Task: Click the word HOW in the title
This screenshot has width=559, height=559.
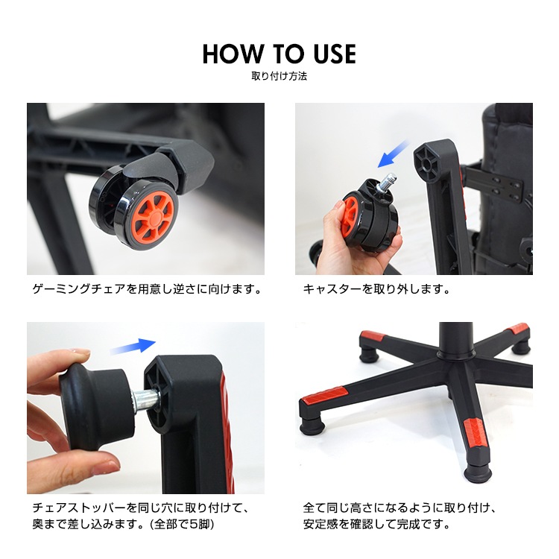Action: tap(233, 54)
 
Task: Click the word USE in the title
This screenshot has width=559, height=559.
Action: tap(335, 54)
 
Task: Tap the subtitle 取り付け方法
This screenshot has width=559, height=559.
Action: tap(279, 76)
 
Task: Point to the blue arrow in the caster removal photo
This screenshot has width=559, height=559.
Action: tap(394, 154)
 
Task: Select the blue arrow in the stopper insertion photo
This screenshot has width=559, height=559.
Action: tap(133, 346)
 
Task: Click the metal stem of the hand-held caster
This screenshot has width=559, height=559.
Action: tap(388, 182)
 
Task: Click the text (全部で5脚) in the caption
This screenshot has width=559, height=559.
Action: tap(182, 525)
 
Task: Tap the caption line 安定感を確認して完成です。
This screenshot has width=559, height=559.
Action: tap(376, 525)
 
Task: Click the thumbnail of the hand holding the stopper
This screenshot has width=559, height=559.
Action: tap(146, 408)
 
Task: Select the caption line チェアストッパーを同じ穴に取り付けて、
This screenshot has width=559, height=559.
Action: tap(140, 508)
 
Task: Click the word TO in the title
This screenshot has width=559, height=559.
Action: tap(288, 54)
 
